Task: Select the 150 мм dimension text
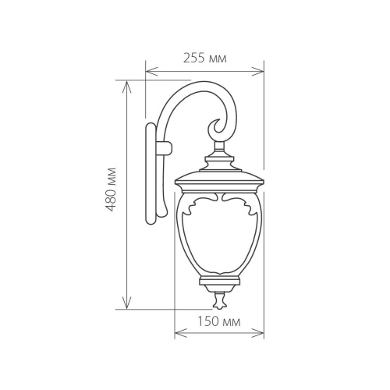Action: tap(219, 321)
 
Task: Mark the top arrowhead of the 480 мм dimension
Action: tap(126, 82)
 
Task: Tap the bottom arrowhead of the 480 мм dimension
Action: tap(126, 306)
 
